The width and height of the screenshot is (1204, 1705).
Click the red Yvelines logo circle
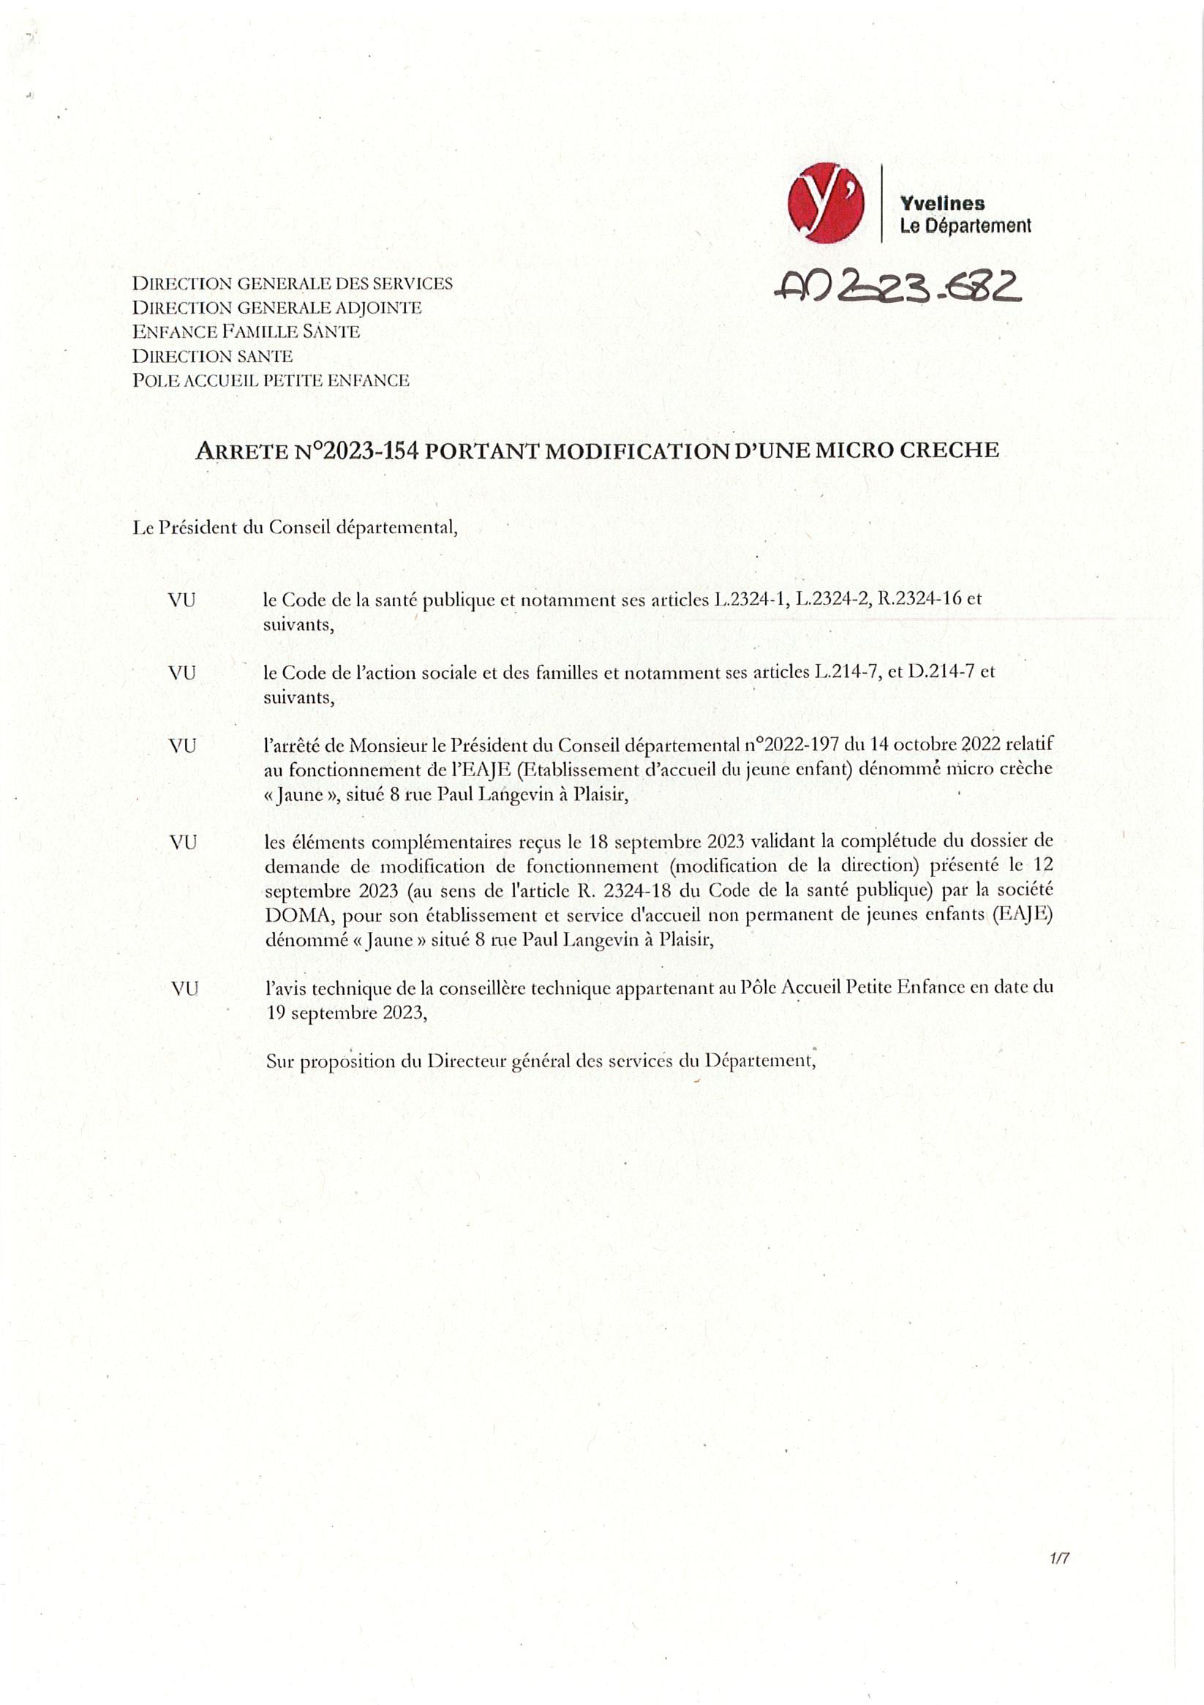[825, 203]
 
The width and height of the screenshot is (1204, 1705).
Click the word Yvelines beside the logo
[942, 203]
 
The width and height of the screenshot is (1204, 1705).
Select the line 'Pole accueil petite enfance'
[271, 381]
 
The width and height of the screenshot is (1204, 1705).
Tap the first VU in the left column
[182, 600]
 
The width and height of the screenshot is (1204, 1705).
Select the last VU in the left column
[184, 989]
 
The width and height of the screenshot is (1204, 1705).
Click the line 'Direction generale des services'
[292, 284]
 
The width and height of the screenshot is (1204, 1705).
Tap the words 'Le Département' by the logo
[965, 226]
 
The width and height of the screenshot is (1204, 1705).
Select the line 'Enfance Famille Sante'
[246, 332]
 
